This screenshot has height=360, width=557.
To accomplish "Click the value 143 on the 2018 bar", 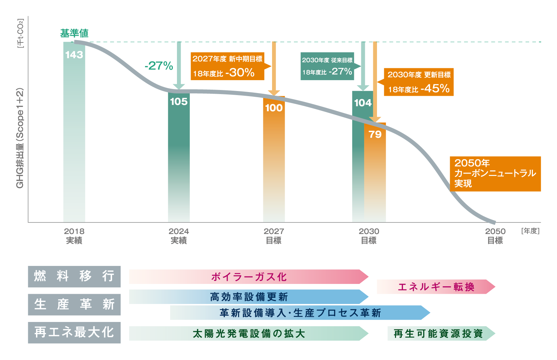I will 74,55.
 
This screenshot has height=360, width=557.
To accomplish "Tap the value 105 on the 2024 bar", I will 179,102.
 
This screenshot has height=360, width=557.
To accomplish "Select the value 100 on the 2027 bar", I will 274,108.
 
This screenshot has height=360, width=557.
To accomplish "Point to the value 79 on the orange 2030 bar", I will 375,134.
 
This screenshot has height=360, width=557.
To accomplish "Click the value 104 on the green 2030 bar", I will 363,103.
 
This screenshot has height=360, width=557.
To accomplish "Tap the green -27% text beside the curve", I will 159,66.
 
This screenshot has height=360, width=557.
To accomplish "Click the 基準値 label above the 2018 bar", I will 74,33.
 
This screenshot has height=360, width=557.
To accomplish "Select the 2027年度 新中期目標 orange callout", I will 227,66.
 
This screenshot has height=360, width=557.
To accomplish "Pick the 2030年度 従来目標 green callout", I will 327,66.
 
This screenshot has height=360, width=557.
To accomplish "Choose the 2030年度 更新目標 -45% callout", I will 419,82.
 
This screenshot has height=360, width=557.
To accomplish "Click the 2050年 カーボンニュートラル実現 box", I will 495,174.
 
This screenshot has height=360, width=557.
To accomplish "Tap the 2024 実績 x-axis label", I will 179,236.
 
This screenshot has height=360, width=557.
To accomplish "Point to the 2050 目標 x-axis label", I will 495,236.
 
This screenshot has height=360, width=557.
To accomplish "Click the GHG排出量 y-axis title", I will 20,138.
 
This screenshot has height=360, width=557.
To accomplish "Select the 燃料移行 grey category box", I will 74,276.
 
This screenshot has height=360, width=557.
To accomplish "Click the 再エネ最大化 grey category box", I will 74,332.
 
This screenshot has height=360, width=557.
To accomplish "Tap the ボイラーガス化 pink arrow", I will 249,277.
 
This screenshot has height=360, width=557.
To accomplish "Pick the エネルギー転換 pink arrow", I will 436,287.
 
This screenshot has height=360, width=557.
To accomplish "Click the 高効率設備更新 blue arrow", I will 249,297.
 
